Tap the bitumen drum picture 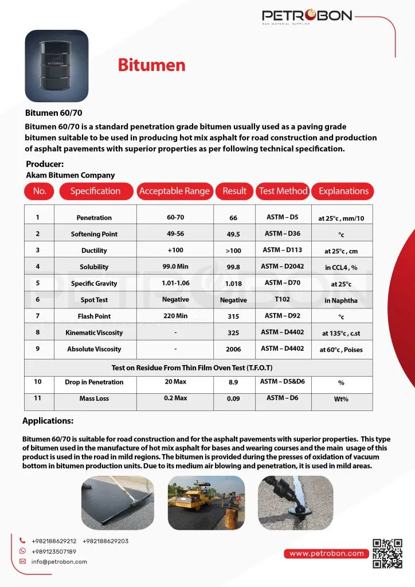click(56, 66)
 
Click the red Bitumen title click(151, 65)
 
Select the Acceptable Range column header click(174, 191)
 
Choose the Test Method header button click(283, 191)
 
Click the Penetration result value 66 click(233, 218)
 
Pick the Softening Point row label click(94, 234)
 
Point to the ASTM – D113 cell click(282, 250)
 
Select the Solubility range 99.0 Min click(175, 267)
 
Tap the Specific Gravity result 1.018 click(233, 283)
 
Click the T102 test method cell click(282, 299)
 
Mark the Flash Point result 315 click(233, 316)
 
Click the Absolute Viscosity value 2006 click(233, 349)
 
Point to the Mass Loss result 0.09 click(233, 399)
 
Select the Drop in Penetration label click(94, 382)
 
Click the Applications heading click(48, 421)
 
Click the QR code click(387, 553)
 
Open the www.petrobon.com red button click(326, 553)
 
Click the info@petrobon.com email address click(59, 562)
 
